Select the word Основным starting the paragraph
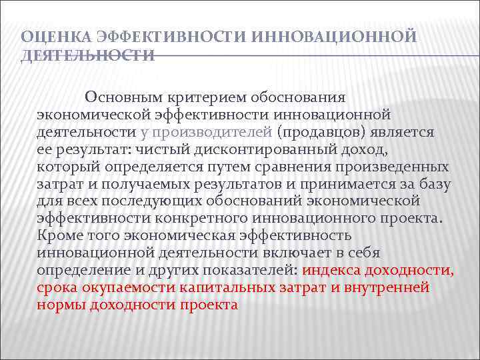pos(127,97)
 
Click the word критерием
pos(207,97)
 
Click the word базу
pos(433,184)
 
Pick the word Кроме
pos(60,236)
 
